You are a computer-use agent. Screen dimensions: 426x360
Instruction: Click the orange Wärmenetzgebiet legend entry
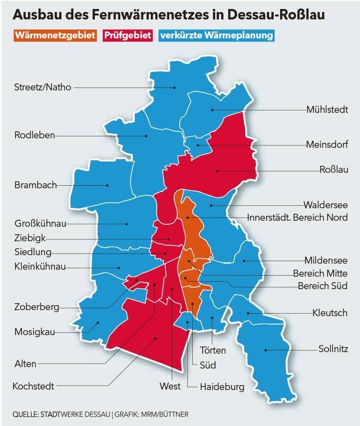click(x=55, y=36)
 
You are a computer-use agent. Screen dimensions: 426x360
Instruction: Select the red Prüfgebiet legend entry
click(x=127, y=36)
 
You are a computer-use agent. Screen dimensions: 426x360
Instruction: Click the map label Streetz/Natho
click(x=43, y=87)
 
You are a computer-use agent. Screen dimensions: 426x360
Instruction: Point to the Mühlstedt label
click(x=327, y=109)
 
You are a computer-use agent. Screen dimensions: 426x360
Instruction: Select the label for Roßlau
click(x=333, y=170)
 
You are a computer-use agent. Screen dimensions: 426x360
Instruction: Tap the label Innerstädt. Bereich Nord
click(x=298, y=218)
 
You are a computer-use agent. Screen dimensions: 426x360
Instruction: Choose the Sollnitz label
click(x=333, y=349)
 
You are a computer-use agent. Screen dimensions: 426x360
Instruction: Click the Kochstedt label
click(x=33, y=386)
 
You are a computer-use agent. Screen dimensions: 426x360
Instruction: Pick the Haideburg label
click(x=222, y=387)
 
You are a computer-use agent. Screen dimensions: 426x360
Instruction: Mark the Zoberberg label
click(x=37, y=307)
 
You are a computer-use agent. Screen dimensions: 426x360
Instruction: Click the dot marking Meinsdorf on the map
click(x=198, y=145)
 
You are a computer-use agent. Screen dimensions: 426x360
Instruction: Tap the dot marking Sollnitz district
click(x=266, y=350)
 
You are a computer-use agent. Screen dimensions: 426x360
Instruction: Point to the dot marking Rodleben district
click(x=146, y=135)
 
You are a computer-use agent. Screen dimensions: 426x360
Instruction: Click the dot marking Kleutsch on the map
click(x=248, y=313)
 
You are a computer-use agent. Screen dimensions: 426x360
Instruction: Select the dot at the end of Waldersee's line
click(x=211, y=205)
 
